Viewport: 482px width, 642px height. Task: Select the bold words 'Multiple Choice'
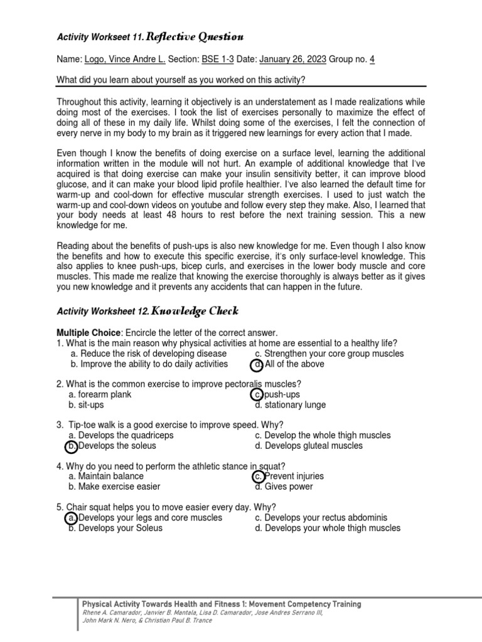pyautogui.click(x=88, y=332)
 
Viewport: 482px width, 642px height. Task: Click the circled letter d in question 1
pyautogui.click(x=257, y=365)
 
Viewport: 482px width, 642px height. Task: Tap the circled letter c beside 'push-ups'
pyautogui.click(x=257, y=394)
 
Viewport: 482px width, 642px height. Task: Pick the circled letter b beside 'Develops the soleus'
pyautogui.click(x=72, y=446)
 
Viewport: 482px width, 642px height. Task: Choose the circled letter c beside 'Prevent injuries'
pyautogui.click(x=257, y=476)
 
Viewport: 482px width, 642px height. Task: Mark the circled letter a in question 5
pyautogui.click(x=72, y=518)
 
